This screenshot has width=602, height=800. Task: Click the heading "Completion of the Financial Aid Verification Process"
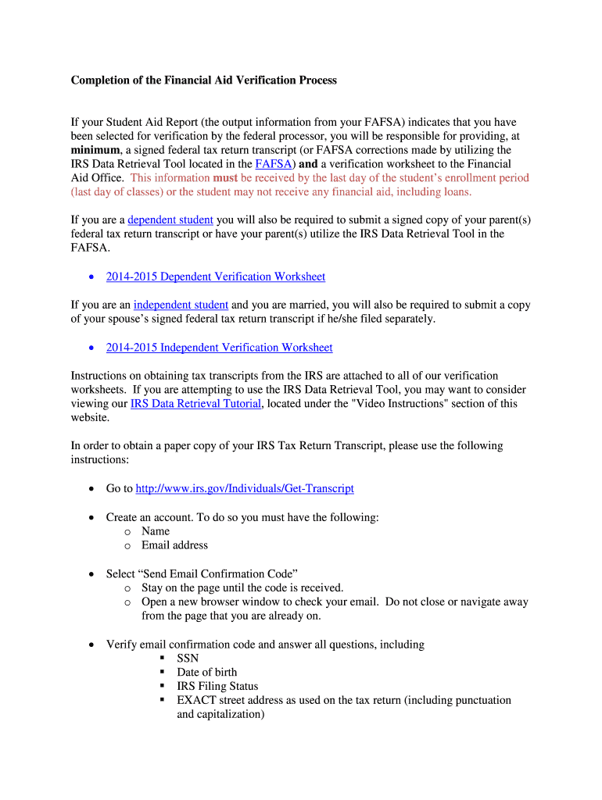(204, 80)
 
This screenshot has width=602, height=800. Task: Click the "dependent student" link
(170, 220)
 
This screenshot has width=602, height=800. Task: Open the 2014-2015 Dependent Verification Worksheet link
(216, 277)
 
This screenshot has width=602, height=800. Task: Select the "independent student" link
(181, 305)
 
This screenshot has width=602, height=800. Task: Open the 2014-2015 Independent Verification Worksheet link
(220, 348)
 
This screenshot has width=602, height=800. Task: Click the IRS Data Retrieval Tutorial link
(195, 404)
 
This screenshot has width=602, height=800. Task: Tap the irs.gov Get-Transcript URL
(245, 488)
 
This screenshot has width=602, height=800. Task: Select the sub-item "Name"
(156, 531)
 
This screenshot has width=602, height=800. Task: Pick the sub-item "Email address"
(174, 545)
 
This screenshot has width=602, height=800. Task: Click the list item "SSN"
(188, 659)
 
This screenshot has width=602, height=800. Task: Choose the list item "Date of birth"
(207, 673)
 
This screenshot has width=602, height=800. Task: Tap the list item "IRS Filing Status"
(217, 687)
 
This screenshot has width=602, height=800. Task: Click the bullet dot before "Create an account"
(91, 517)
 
